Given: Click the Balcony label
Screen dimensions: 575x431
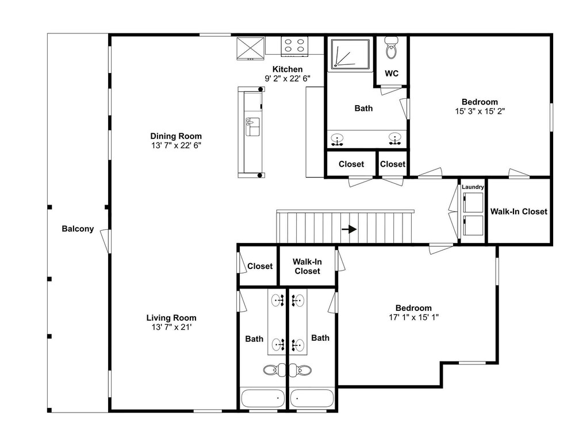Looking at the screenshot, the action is [x=78, y=229].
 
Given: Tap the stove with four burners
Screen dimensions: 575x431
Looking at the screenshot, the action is [x=294, y=46].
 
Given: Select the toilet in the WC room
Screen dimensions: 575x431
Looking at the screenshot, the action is [x=391, y=48].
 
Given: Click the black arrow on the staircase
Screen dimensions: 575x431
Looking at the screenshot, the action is [x=349, y=229].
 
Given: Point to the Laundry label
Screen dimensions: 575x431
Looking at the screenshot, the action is [x=473, y=187].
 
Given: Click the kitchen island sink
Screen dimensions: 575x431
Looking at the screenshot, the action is [x=252, y=126].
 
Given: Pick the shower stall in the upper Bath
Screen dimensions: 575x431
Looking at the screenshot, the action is [x=351, y=54].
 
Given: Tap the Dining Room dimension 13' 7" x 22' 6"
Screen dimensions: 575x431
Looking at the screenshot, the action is [x=176, y=145].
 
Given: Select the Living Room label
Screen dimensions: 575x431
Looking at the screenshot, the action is [x=171, y=318].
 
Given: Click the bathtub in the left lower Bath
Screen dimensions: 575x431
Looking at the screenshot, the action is [x=263, y=398].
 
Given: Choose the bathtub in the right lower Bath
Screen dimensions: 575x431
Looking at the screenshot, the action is [x=312, y=398].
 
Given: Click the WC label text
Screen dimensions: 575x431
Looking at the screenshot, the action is [x=392, y=74].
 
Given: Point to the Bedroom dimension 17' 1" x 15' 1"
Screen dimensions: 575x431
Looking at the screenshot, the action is [x=413, y=317].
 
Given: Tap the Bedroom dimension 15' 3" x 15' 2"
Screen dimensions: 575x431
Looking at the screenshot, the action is [x=480, y=111].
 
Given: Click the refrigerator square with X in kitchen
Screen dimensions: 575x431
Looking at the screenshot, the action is [x=251, y=48].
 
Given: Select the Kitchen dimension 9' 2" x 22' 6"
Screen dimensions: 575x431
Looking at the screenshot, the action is [x=287, y=78].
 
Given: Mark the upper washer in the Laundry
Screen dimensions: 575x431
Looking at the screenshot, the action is [x=473, y=203].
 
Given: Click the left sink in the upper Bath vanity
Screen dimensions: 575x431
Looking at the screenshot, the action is [x=337, y=140].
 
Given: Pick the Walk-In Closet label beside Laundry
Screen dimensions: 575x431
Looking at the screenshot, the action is [x=519, y=211].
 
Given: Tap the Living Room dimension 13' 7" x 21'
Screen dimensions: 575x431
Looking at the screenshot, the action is [x=171, y=328].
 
